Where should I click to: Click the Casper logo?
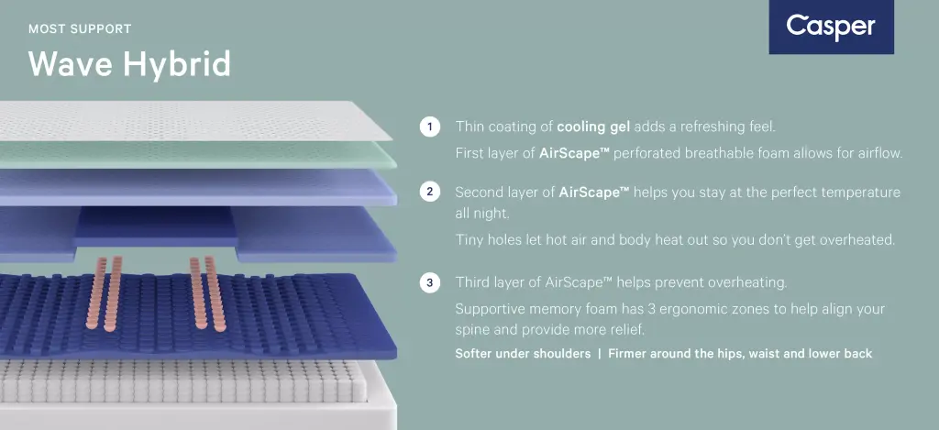click(831, 27)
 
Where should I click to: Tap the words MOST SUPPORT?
click(80, 28)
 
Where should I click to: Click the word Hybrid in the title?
click(177, 65)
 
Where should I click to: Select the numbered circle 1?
click(429, 127)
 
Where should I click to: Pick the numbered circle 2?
click(429, 193)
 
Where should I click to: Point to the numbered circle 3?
click(429, 282)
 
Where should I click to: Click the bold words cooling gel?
click(593, 127)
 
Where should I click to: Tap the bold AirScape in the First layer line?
click(574, 153)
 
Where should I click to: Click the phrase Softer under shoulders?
click(523, 353)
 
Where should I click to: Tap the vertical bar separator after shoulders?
click(600, 353)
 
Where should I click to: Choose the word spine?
click(473, 331)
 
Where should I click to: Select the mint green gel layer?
click(198, 155)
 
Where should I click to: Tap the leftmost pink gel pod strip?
click(95, 293)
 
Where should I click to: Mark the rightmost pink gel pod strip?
click(215, 293)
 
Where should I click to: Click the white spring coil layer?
click(182, 381)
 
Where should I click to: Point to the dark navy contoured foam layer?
click(198, 315)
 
